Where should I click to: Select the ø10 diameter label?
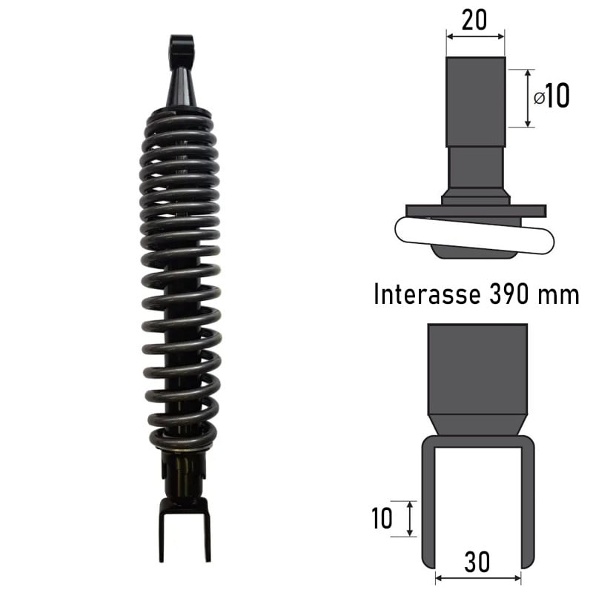coord(551,96)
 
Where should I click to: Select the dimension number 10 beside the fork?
coord(382,519)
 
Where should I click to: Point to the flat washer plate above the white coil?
coord(475,211)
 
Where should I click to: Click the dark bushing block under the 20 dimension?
coord(475,102)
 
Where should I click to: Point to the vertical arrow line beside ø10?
coord(528,98)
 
